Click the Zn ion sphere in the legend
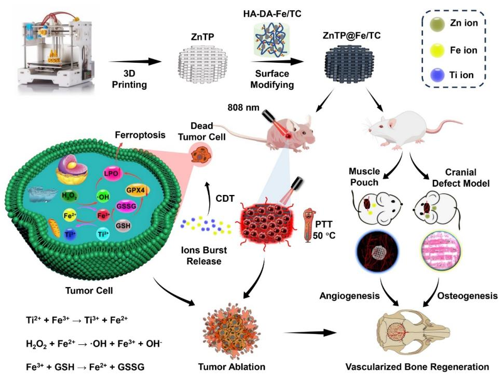pos(437,24)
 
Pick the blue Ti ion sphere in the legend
pos(437,75)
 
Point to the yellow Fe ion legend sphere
pos(437,50)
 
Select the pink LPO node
pos(111,174)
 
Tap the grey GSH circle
pos(123,226)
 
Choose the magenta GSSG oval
pos(126,206)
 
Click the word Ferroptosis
pos(140,135)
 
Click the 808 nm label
pos(243,107)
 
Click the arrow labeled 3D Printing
pos(135,61)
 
